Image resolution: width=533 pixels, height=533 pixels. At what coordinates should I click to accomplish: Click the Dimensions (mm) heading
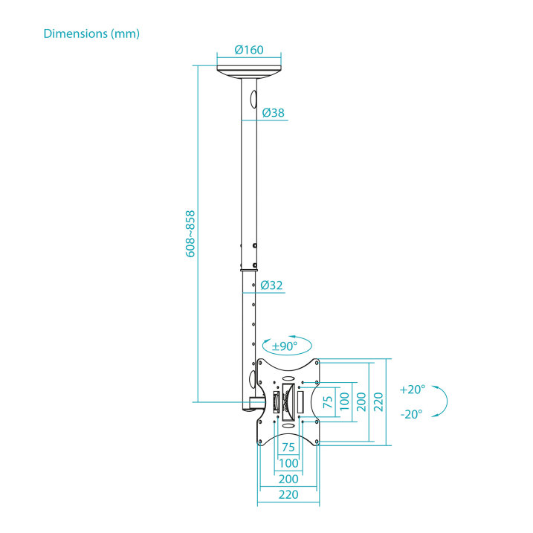pos(91,33)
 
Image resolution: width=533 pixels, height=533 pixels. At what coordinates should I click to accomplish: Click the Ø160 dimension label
pos(249,50)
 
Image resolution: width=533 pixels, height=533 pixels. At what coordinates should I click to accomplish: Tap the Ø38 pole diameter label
pos(274,112)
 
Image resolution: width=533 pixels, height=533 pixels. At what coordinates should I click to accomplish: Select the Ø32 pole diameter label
pos(271,285)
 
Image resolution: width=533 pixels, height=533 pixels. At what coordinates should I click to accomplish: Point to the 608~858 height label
pos(190,234)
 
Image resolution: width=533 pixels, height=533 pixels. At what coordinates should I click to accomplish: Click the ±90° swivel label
pos(285,346)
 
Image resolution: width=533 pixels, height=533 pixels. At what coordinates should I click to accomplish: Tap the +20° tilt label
pos(413,390)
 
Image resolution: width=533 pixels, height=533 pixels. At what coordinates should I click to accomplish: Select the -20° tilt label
pos(411,414)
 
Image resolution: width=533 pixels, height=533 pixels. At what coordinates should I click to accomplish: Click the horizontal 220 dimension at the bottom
pos(288,494)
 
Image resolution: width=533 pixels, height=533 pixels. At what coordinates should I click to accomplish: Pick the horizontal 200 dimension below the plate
pos(288,479)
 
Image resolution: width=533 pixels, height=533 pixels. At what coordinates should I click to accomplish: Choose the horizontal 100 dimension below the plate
pos(288,463)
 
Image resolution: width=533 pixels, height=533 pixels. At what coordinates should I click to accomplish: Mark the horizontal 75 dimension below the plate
pos(288,447)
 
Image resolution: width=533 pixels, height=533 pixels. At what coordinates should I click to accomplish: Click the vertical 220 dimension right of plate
pos(378,402)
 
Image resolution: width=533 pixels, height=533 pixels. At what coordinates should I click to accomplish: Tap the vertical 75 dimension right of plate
pos(328,402)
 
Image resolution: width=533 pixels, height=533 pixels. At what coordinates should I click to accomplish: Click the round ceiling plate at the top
pos(249,72)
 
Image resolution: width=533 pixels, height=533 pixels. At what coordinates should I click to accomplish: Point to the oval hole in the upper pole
pos(253,100)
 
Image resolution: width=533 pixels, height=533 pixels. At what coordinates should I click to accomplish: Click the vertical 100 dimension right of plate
pos(344,402)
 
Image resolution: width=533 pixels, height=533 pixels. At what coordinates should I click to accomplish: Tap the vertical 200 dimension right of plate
pos(361,402)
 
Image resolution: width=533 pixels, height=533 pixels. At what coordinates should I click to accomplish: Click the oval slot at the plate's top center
pos(288,378)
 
